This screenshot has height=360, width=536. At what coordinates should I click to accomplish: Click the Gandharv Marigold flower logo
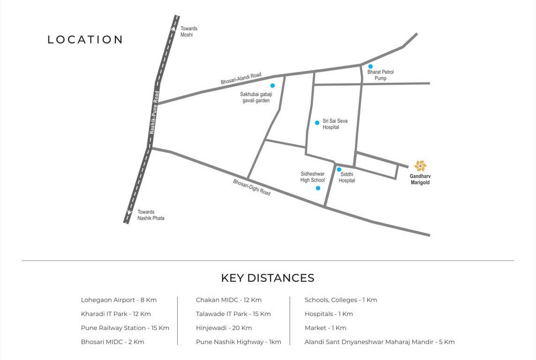pyautogui.click(x=420, y=166)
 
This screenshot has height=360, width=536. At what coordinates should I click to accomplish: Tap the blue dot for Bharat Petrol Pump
pyautogui.click(x=370, y=67)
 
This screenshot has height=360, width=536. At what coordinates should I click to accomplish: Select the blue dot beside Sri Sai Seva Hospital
pyautogui.click(x=317, y=123)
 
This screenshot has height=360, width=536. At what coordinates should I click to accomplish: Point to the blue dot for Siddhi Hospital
pyautogui.click(x=339, y=170)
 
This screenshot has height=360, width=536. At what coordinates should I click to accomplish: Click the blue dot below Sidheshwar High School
pyautogui.click(x=318, y=188)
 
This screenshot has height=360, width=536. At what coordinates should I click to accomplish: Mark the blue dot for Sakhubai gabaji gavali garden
pyautogui.click(x=272, y=86)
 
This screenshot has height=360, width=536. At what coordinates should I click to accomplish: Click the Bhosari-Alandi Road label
pyautogui.click(x=241, y=79)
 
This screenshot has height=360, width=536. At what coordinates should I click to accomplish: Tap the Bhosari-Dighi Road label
pyautogui.click(x=252, y=187)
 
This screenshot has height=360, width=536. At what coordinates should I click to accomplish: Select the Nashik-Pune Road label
pyautogui.click(x=154, y=112)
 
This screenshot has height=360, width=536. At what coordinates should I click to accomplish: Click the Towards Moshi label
pyautogui.click(x=189, y=31)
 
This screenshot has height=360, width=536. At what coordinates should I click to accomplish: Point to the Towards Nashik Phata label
pyautogui.click(x=151, y=215)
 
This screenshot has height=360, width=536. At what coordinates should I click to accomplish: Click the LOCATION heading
pyautogui.click(x=85, y=40)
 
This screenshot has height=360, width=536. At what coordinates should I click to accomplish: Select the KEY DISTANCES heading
pyautogui.click(x=267, y=278)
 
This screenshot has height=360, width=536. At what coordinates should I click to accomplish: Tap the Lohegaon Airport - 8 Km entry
pyautogui.click(x=119, y=300)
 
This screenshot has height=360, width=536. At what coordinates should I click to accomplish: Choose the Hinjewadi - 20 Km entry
pyautogui.click(x=224, y=328)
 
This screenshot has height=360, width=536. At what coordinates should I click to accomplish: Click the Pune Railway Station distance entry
pyautogui.click(x=125, y=328)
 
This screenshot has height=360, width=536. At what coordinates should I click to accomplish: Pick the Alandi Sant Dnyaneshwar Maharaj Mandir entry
pyautogui.click(x=379, y=342)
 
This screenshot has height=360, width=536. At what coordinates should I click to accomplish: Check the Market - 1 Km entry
pyautogui.click(x=325, y=328)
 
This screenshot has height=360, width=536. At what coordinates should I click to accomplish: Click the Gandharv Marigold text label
pyautogui.click(x=420, y=180)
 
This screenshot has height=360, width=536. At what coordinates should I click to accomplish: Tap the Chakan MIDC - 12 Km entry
pyautogui.click(x=228, y=300)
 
